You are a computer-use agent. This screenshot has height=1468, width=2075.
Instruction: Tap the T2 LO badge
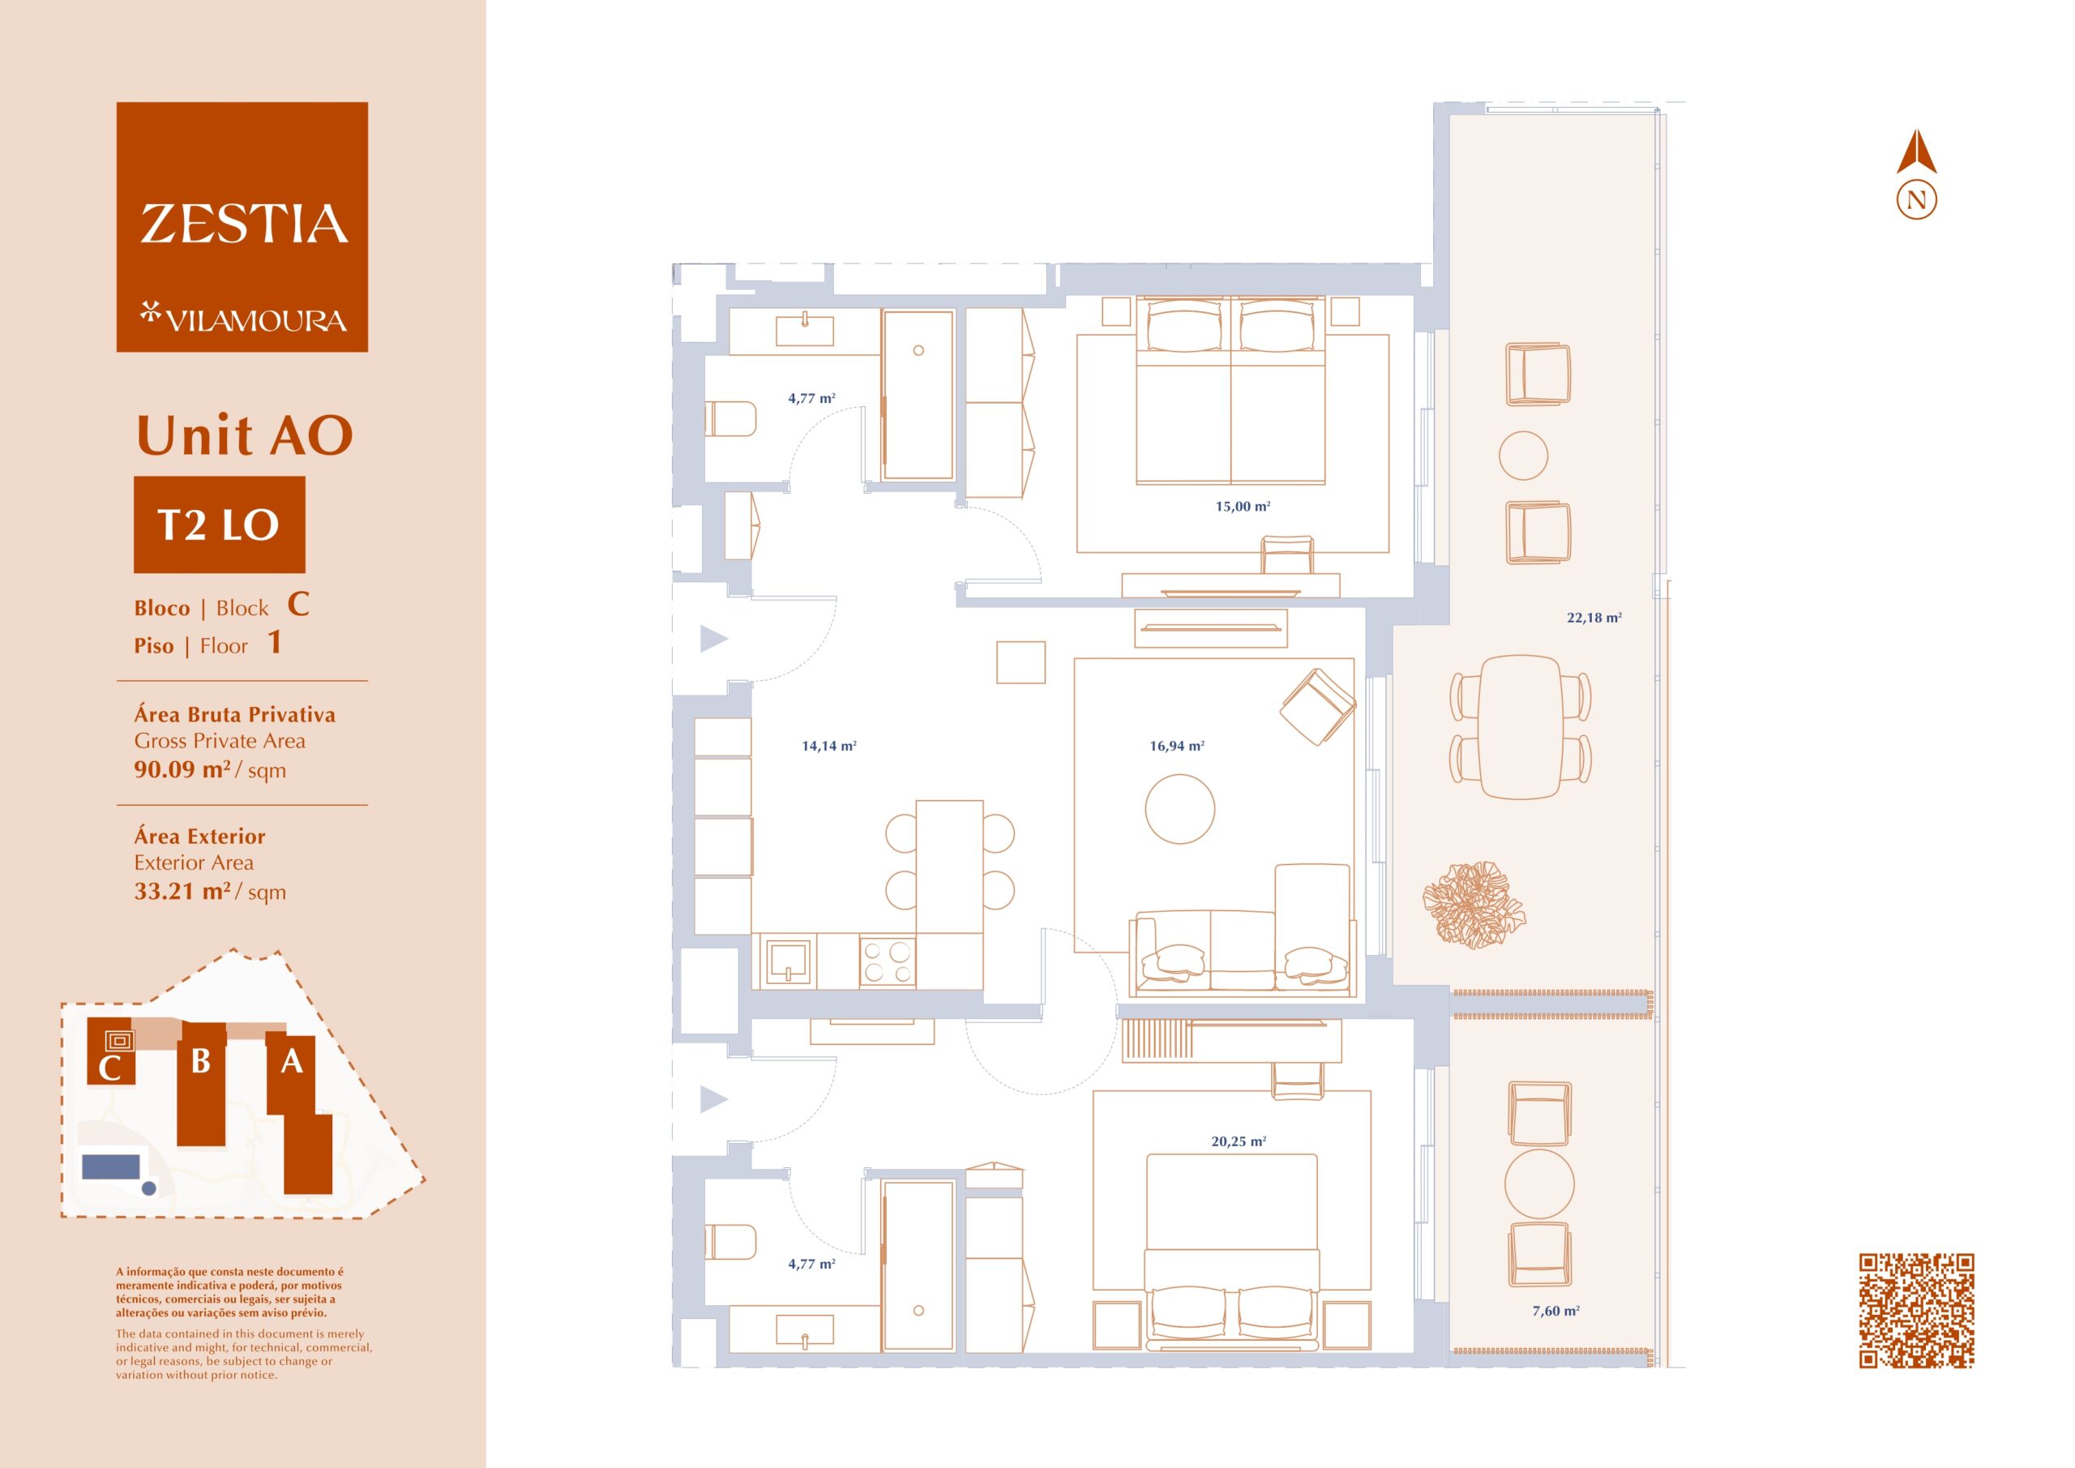pyautogui.click(x=220, y=524)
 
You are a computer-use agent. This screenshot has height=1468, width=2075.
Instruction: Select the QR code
pyautogui.click(x=1916, y=1310)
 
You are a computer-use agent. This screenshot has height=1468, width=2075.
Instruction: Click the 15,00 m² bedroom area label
pyautogui.click(x=1243, y=506)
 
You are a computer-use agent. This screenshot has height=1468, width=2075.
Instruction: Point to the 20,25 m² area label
pyautogui.click(x=1239, y=1141)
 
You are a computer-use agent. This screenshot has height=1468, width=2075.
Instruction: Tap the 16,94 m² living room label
pyautogui.click(x=1177, y=746)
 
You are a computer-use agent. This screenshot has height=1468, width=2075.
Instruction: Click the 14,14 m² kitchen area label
pyautogui.click(x=828, y=746)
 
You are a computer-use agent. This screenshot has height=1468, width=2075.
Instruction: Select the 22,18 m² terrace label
pyautogui.click(x=1594, y=618)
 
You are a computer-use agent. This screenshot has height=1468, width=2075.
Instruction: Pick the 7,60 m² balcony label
pyautogui.click(x=1555, y=1311)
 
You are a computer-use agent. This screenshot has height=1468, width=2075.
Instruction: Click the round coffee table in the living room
pyautogui.click(x=1179, y=809)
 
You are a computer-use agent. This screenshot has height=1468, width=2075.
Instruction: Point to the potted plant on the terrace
pyautogui.click(x=1473, y=904)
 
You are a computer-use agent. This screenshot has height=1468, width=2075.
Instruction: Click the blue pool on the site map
pyautogui.click(x=111, y=1166)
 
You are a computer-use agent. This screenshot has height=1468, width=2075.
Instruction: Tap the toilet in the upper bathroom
pyautogui.click(x=730, y=418)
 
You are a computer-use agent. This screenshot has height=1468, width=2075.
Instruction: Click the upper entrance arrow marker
pyautogui.click(x=713, y=638)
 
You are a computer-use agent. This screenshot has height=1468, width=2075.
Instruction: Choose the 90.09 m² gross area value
pyautogui.click(x=182, y=769)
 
